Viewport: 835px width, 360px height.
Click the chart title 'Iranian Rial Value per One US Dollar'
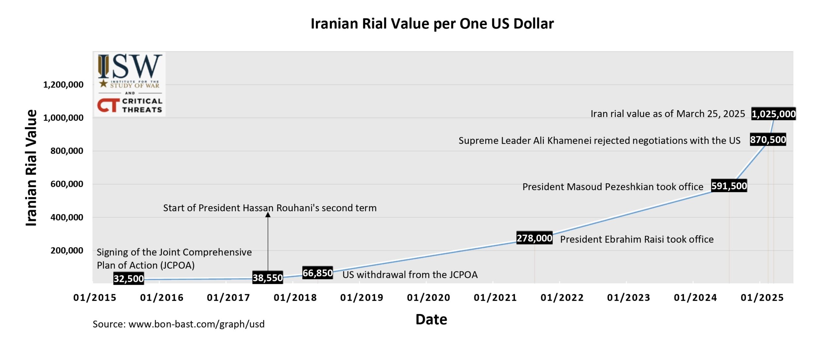click(432, 23)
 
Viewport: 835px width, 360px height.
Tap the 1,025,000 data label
click(773, 114)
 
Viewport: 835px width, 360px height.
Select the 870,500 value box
click(768, 140)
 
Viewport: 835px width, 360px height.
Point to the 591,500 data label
click(729, 186)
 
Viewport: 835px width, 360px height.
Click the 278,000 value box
click(534, 238)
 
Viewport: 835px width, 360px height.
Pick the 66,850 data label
click(317, 273)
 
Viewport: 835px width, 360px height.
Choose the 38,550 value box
click(267, 277)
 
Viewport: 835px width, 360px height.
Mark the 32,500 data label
click(129, 278)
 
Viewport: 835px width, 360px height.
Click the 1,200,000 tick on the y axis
click(63, 85)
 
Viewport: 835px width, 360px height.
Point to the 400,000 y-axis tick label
click(67, 217)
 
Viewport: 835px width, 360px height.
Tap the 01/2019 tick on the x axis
click(361, 297)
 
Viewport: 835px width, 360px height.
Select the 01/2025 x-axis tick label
click(762, 297)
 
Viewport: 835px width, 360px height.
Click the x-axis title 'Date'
click(431, 320)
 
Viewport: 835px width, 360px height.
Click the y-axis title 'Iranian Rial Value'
click(31, 168)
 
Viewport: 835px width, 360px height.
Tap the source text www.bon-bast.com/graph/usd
click(196, 324)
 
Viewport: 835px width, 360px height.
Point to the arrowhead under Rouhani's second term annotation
click(268, 215)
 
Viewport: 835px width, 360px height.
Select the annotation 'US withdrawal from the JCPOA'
click(410, 275)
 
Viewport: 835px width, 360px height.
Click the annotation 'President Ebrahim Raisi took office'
click(637, 239)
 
